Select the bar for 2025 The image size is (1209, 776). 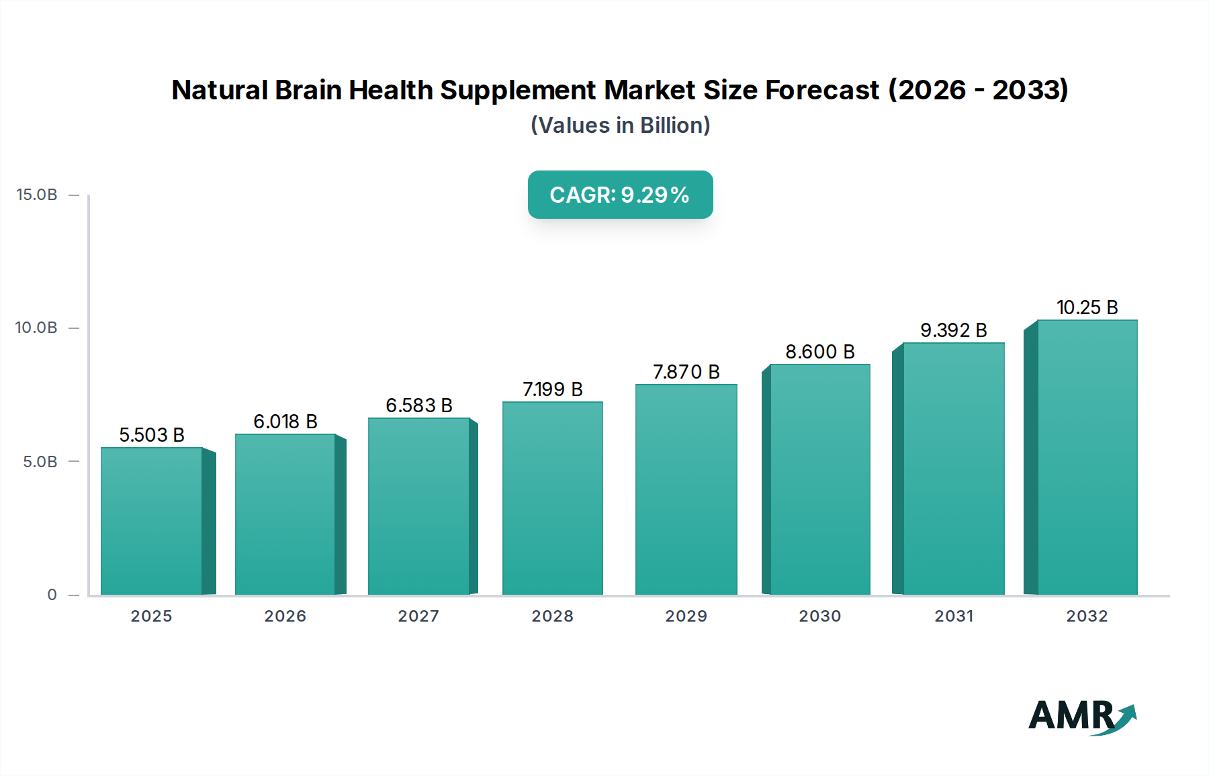[152, 521]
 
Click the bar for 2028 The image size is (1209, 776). [553, 498]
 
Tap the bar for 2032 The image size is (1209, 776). [1087, 457]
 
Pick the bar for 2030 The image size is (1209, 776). [819, 479]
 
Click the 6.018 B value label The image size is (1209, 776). [285, 422]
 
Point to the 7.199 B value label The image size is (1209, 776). [553, 389]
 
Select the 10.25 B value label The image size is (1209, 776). [1087, 307]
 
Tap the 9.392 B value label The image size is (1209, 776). [953, 330]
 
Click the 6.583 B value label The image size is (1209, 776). [419, 405]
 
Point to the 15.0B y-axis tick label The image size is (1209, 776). [37, 195]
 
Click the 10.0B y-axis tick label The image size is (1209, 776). [37, 328]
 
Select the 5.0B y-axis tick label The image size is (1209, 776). [40, 461]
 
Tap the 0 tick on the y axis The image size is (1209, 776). [52, 595]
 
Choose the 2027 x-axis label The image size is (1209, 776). [418, 616]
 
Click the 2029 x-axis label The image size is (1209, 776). [686, 616]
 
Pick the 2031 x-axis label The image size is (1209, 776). [953, 616]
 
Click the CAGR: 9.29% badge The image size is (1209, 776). [620, 195]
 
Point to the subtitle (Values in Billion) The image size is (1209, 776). [620, 126]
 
